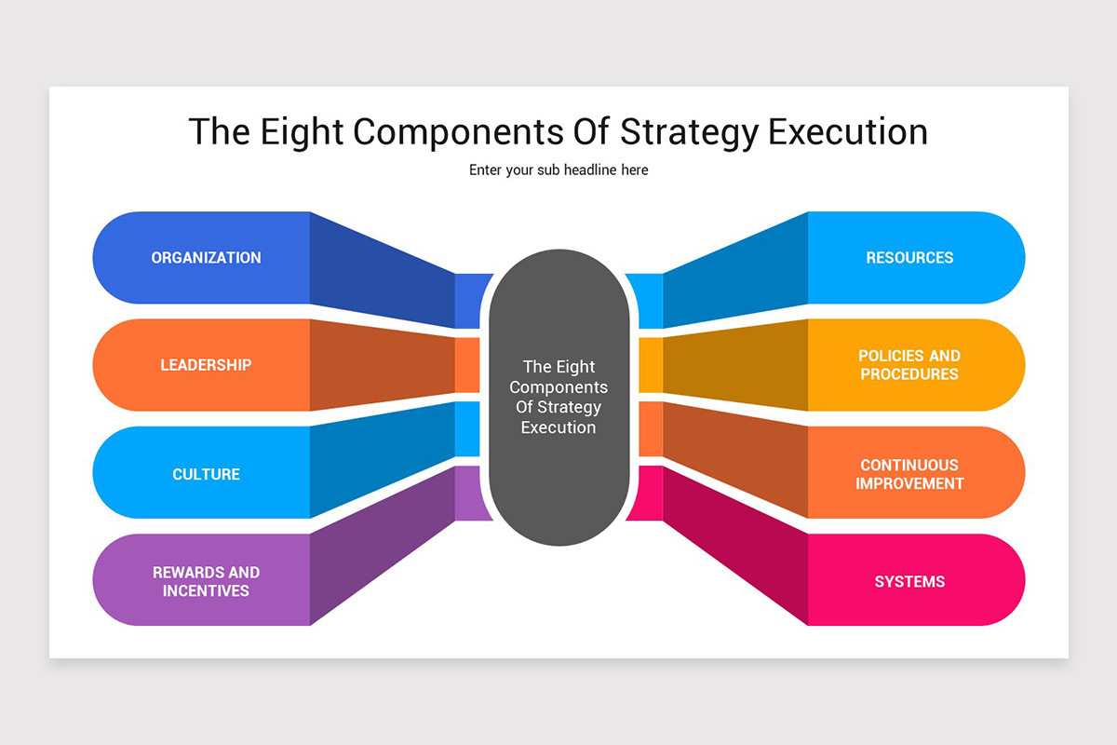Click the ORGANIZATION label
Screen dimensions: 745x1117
tap(206, 258)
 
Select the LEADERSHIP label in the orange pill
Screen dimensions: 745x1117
tap(206, 365)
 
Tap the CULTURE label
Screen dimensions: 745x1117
tap(206, 474)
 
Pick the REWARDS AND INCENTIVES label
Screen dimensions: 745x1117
tap(206, 581)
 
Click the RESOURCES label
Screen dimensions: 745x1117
tap(909, 258)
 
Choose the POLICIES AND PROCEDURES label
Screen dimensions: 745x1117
tap(909, 365)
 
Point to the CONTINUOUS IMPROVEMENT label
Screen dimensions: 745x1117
tap(909, 474)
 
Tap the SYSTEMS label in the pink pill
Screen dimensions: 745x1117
tap(909, 581)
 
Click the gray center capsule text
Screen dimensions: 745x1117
tap(558, 397)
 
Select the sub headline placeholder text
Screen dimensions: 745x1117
tap(558, 170)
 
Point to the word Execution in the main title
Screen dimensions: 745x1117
tap(847, 131)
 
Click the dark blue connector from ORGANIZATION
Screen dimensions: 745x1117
tap(382, 270)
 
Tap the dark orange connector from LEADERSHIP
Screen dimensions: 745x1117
tap(382, 365)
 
